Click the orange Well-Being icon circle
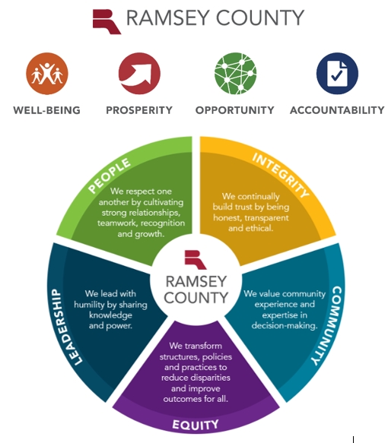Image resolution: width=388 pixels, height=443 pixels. (47, 74)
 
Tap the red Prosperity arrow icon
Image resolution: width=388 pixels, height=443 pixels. (139, 74)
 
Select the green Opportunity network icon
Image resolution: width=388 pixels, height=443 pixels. (235, 74)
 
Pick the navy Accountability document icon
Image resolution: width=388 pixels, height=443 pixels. (337, 74)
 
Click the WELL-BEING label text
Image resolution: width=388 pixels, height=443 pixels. (47, 110)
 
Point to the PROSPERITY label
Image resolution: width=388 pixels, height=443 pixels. (139, 110)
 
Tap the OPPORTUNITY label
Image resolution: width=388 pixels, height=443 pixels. (235, 110)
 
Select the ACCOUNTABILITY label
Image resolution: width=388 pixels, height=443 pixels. (337, 110)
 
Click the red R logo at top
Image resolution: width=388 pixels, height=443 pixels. (107, 21)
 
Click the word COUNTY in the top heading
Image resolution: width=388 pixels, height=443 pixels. (260, 17)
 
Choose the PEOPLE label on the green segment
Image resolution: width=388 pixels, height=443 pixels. (109, 176)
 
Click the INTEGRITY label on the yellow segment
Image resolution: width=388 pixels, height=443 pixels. (281, 176)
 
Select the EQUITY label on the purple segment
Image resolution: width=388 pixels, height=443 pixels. (196, 425)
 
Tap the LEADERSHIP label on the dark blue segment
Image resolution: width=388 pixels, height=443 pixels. (65, 327)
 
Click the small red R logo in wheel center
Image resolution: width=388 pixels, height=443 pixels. (196, 260)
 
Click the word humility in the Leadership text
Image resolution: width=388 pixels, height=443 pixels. (89, 305)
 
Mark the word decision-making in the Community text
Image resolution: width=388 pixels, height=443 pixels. (285, 326)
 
